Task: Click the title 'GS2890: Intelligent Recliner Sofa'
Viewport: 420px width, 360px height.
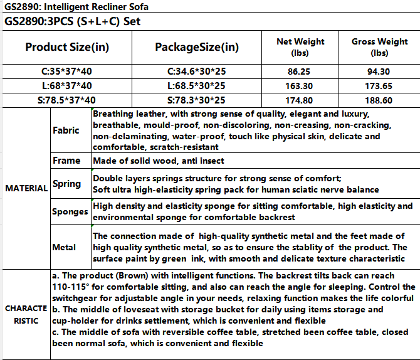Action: click(x=77, y=6)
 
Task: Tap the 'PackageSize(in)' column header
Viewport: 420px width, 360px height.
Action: click(x=197, y=47)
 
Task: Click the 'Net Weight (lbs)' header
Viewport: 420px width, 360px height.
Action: click(x=300, y=47)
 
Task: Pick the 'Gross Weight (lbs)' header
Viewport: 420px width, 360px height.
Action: click(x=380, y=47)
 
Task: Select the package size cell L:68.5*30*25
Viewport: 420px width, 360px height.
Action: click(x=197, y=85)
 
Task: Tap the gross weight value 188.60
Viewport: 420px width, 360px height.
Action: click(x=380, y=100)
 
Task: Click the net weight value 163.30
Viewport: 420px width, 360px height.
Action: click(x=300, y=85)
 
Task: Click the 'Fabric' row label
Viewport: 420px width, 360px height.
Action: click(x=66, y=130)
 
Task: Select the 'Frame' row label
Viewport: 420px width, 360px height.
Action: click(x=66, y=161)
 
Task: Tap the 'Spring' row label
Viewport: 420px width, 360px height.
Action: click(x=66, y=184)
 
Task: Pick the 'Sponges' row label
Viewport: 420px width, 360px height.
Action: click(x=70, y=211)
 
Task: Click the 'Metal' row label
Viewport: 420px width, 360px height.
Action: click(x=65, y=247)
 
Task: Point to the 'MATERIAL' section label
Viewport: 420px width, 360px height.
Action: click(x=26, y=188)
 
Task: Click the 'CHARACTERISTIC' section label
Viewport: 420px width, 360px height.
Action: click(x=26, y=314)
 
